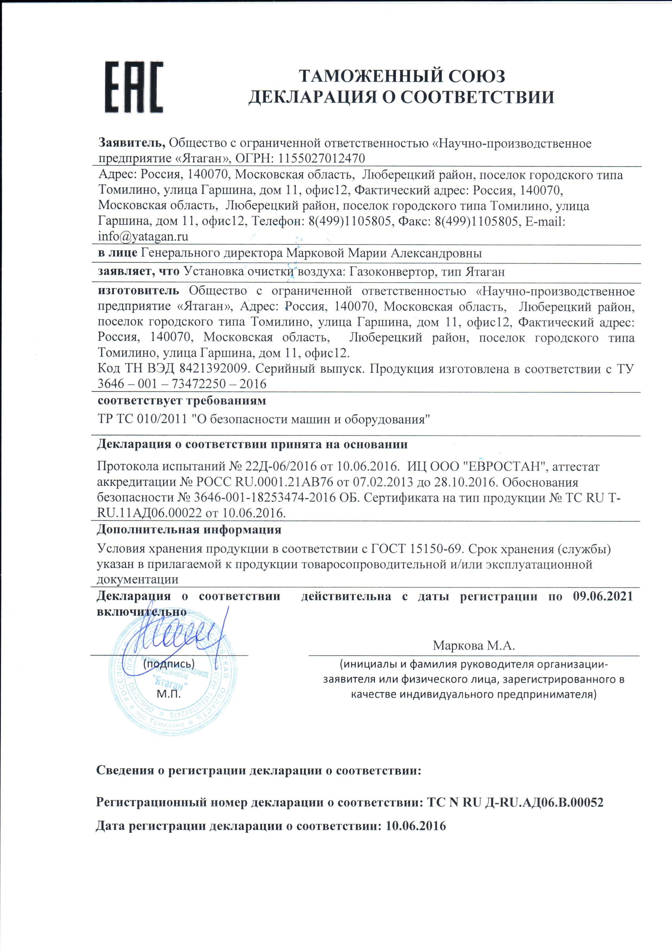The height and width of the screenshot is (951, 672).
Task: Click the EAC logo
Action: [x=134, y=87]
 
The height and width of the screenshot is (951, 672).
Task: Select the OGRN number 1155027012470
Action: [x=322, y=158]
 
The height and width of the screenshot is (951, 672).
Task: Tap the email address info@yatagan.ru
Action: [x=143, y=236]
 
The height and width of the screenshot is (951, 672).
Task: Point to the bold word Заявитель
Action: [x=132, y=143]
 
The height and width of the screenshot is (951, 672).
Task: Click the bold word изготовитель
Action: [x=138, y=291]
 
